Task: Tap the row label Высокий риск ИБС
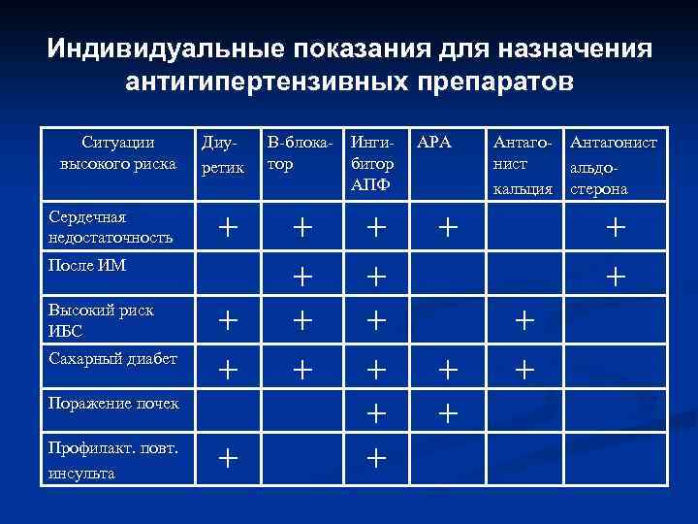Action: pos(101,319)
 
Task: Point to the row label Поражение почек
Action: pos(112,403)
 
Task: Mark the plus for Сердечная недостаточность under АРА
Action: pos(447,229)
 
